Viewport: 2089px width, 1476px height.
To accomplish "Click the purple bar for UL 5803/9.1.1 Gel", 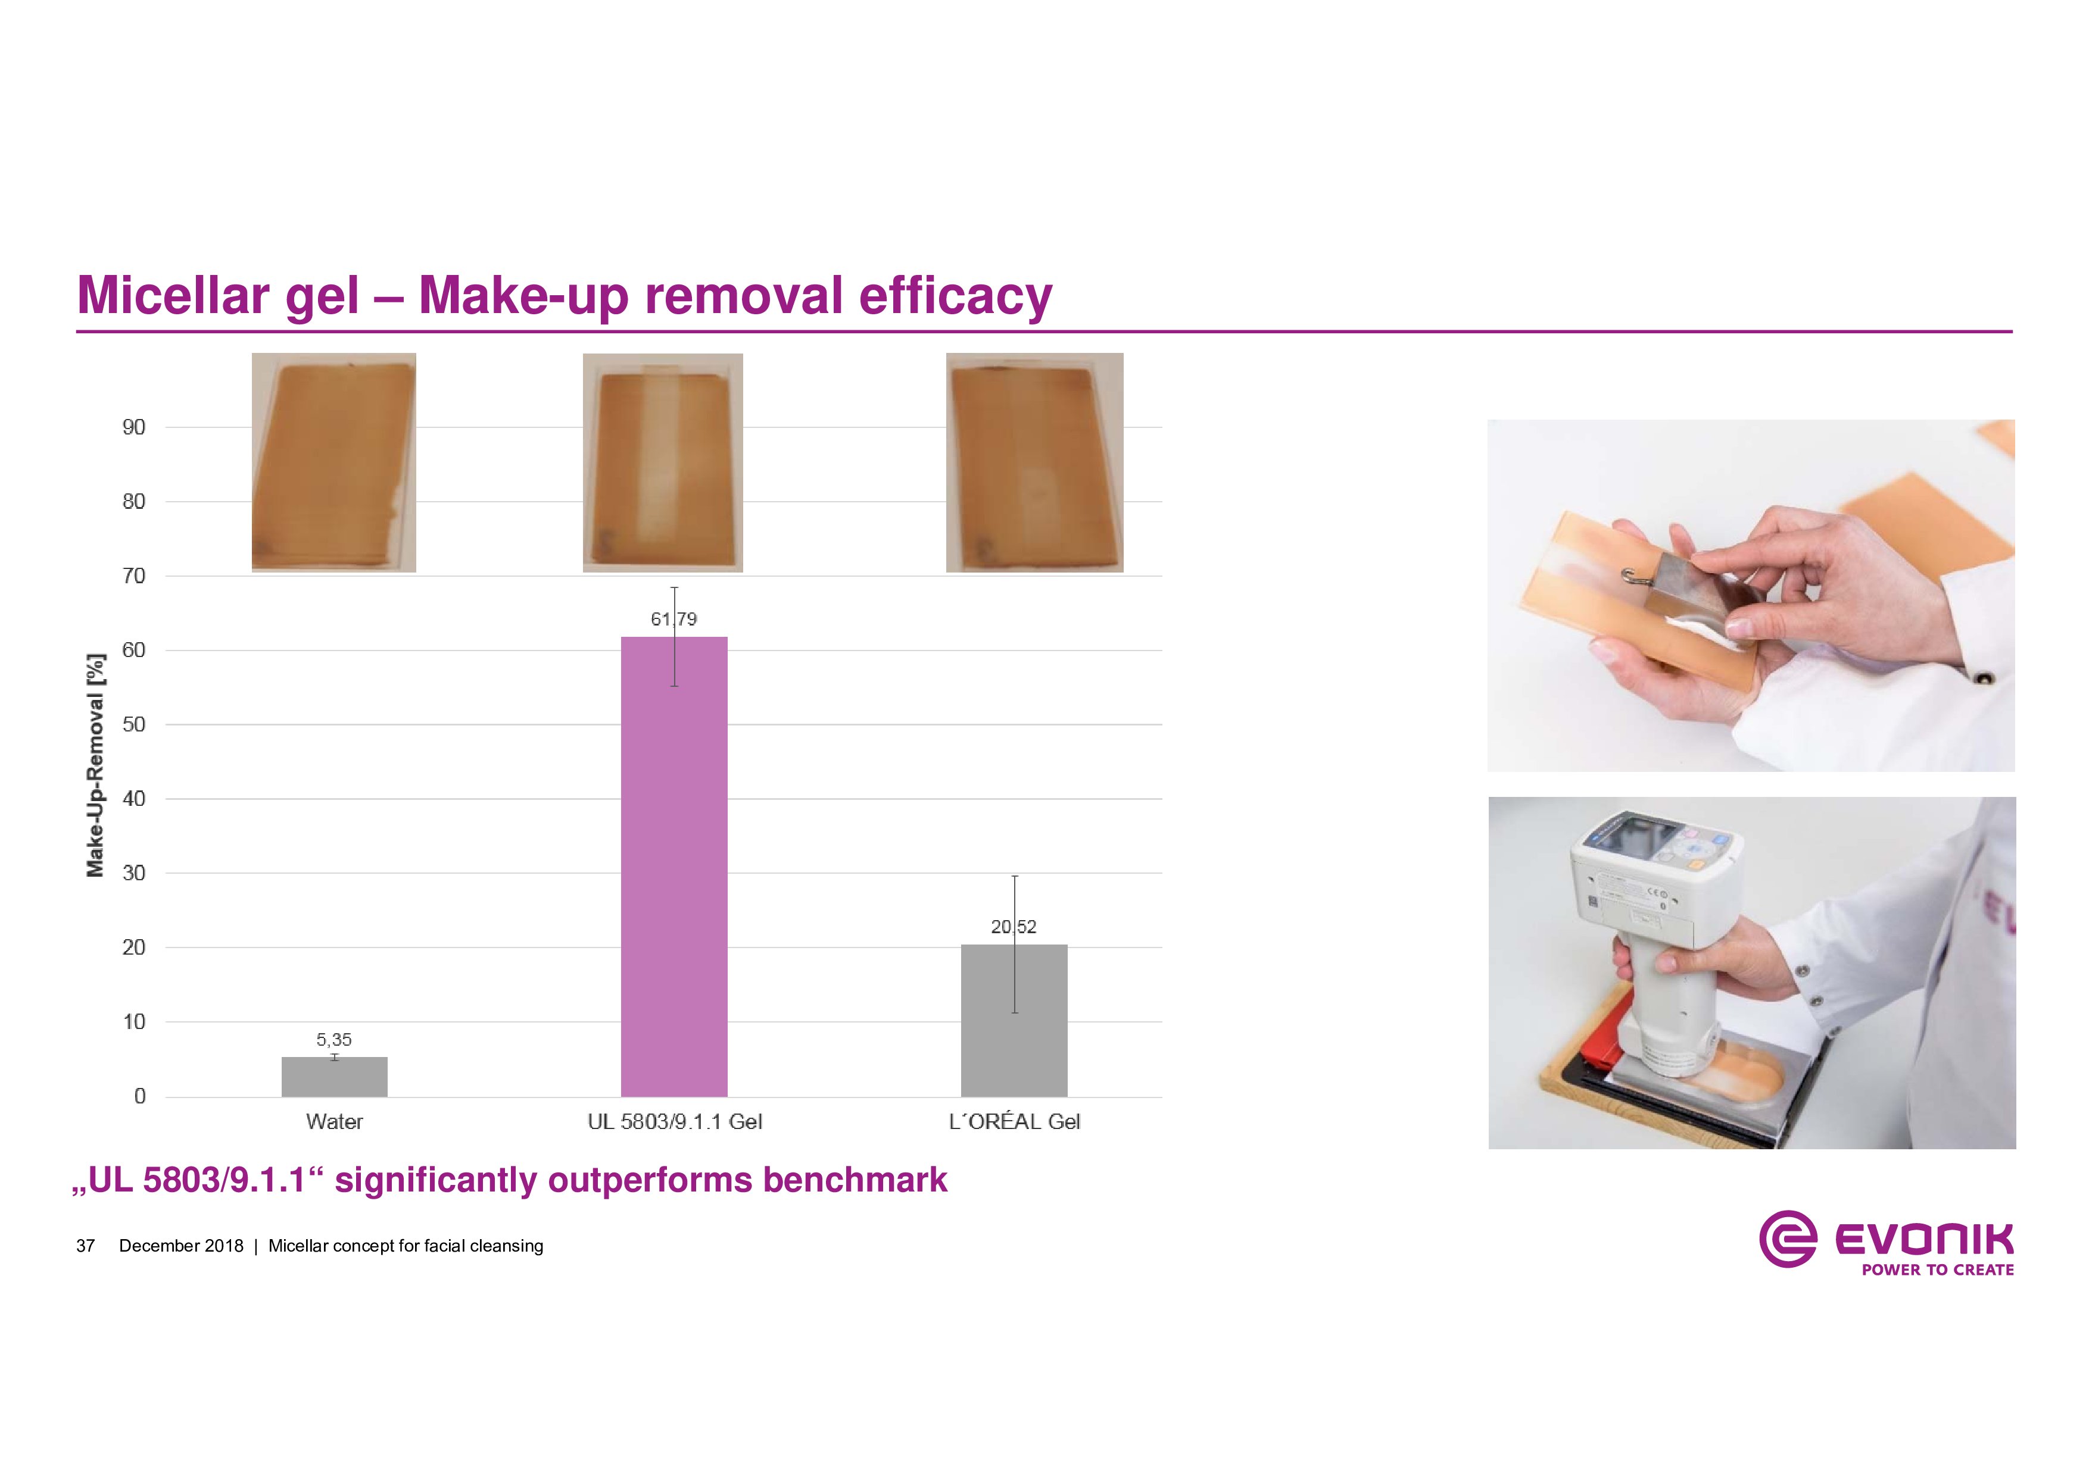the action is point(674,867).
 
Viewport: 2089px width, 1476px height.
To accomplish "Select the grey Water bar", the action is point(335,1077).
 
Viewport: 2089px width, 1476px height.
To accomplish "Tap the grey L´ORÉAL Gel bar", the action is point(1015,1020).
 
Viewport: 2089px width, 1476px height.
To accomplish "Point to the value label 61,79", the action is point(674,620).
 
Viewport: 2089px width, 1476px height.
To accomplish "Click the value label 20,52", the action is point(1014,927).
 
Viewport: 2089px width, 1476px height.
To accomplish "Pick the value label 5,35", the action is point(334,1040).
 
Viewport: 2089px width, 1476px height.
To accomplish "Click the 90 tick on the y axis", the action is point(134,427).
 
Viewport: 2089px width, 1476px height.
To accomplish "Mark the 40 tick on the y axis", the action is point(134,799).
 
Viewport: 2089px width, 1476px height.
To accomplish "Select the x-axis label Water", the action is point(335,1122).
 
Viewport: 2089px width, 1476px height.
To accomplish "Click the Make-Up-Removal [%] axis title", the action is point(95,766).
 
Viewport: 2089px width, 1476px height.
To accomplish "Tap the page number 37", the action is point(86,1246).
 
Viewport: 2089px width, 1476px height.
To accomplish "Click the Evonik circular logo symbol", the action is point(1787,1239).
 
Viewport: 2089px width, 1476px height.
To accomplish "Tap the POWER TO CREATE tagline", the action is point(1937,1269).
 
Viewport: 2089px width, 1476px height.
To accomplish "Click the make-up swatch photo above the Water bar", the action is point(334,463).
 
